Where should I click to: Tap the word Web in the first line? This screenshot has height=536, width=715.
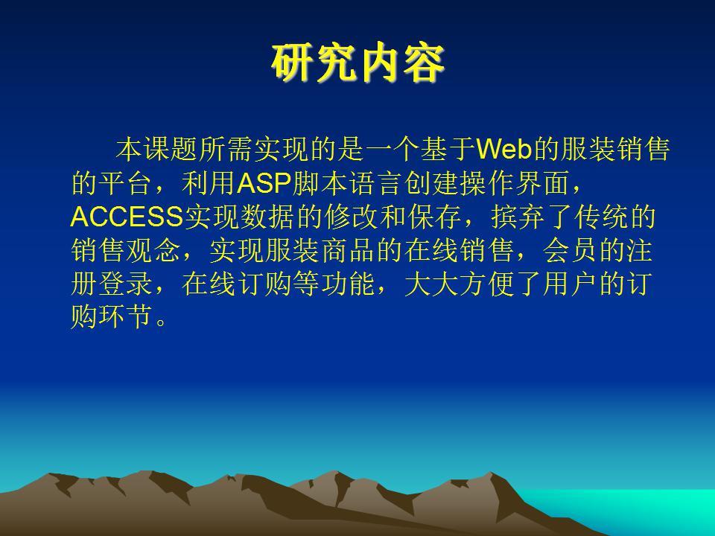tap(504, 149)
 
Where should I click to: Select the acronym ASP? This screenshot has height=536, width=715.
tap(264, 183)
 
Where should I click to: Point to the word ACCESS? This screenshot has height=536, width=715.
tap(127, 217)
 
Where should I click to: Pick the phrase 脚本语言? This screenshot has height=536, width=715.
tap(348, 183)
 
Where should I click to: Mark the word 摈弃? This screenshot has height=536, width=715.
tap(519, 217)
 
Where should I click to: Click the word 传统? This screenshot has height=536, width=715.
tap(602, 217)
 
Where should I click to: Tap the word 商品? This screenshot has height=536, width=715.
tap(349, 250)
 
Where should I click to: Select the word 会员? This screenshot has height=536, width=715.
tap(571, 250)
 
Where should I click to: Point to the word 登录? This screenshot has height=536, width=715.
tap(127, 284)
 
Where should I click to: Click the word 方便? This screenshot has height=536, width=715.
tap(487, 284)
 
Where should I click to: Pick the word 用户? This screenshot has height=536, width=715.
tap(571, 284)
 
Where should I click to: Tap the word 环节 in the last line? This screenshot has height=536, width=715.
tap(127, 317)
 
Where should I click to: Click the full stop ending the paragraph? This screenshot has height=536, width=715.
tap(161, 322)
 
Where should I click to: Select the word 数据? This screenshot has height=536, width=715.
tap(266, 217)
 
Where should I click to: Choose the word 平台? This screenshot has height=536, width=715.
tap(127, 183)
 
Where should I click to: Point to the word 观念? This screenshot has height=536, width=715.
tap(154, 250)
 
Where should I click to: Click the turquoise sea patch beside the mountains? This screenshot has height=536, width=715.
tap(638, 508)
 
